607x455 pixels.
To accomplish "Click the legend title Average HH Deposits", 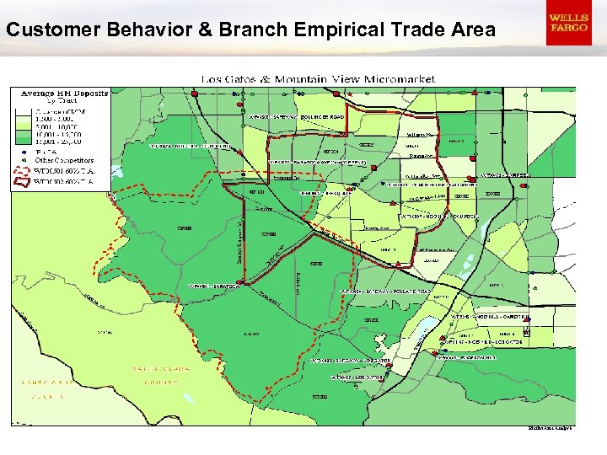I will [64, 93].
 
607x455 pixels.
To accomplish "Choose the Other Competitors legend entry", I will [64, 160].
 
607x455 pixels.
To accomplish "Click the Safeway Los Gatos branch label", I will [351, 360].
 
